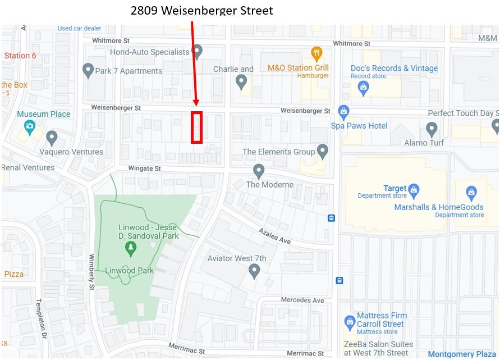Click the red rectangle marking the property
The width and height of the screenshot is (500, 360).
[x=196, y=127]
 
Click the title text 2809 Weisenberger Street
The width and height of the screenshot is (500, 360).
[x=201, y=10]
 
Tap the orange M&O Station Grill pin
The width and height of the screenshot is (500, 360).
[x=316, y=53]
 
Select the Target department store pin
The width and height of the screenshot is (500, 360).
[x=414, y=189]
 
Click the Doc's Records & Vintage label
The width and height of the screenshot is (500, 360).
[x=394, y=68]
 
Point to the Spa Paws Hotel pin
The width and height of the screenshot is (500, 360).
[x=343, y=111]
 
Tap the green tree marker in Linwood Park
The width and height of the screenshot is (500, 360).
[x=130, y=247]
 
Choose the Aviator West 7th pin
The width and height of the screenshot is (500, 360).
[x=254, y=271]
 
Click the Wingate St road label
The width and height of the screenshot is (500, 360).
[x=144, y=168]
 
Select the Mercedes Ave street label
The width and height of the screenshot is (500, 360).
[x=302, y=300]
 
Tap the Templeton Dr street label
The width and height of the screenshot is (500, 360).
[x=41, y=319]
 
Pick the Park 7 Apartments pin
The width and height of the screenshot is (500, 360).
[x=88, y=70]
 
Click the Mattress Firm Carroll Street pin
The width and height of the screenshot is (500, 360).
[x=350, y=322]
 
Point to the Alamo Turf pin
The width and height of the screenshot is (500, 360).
[x=432, y=129]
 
